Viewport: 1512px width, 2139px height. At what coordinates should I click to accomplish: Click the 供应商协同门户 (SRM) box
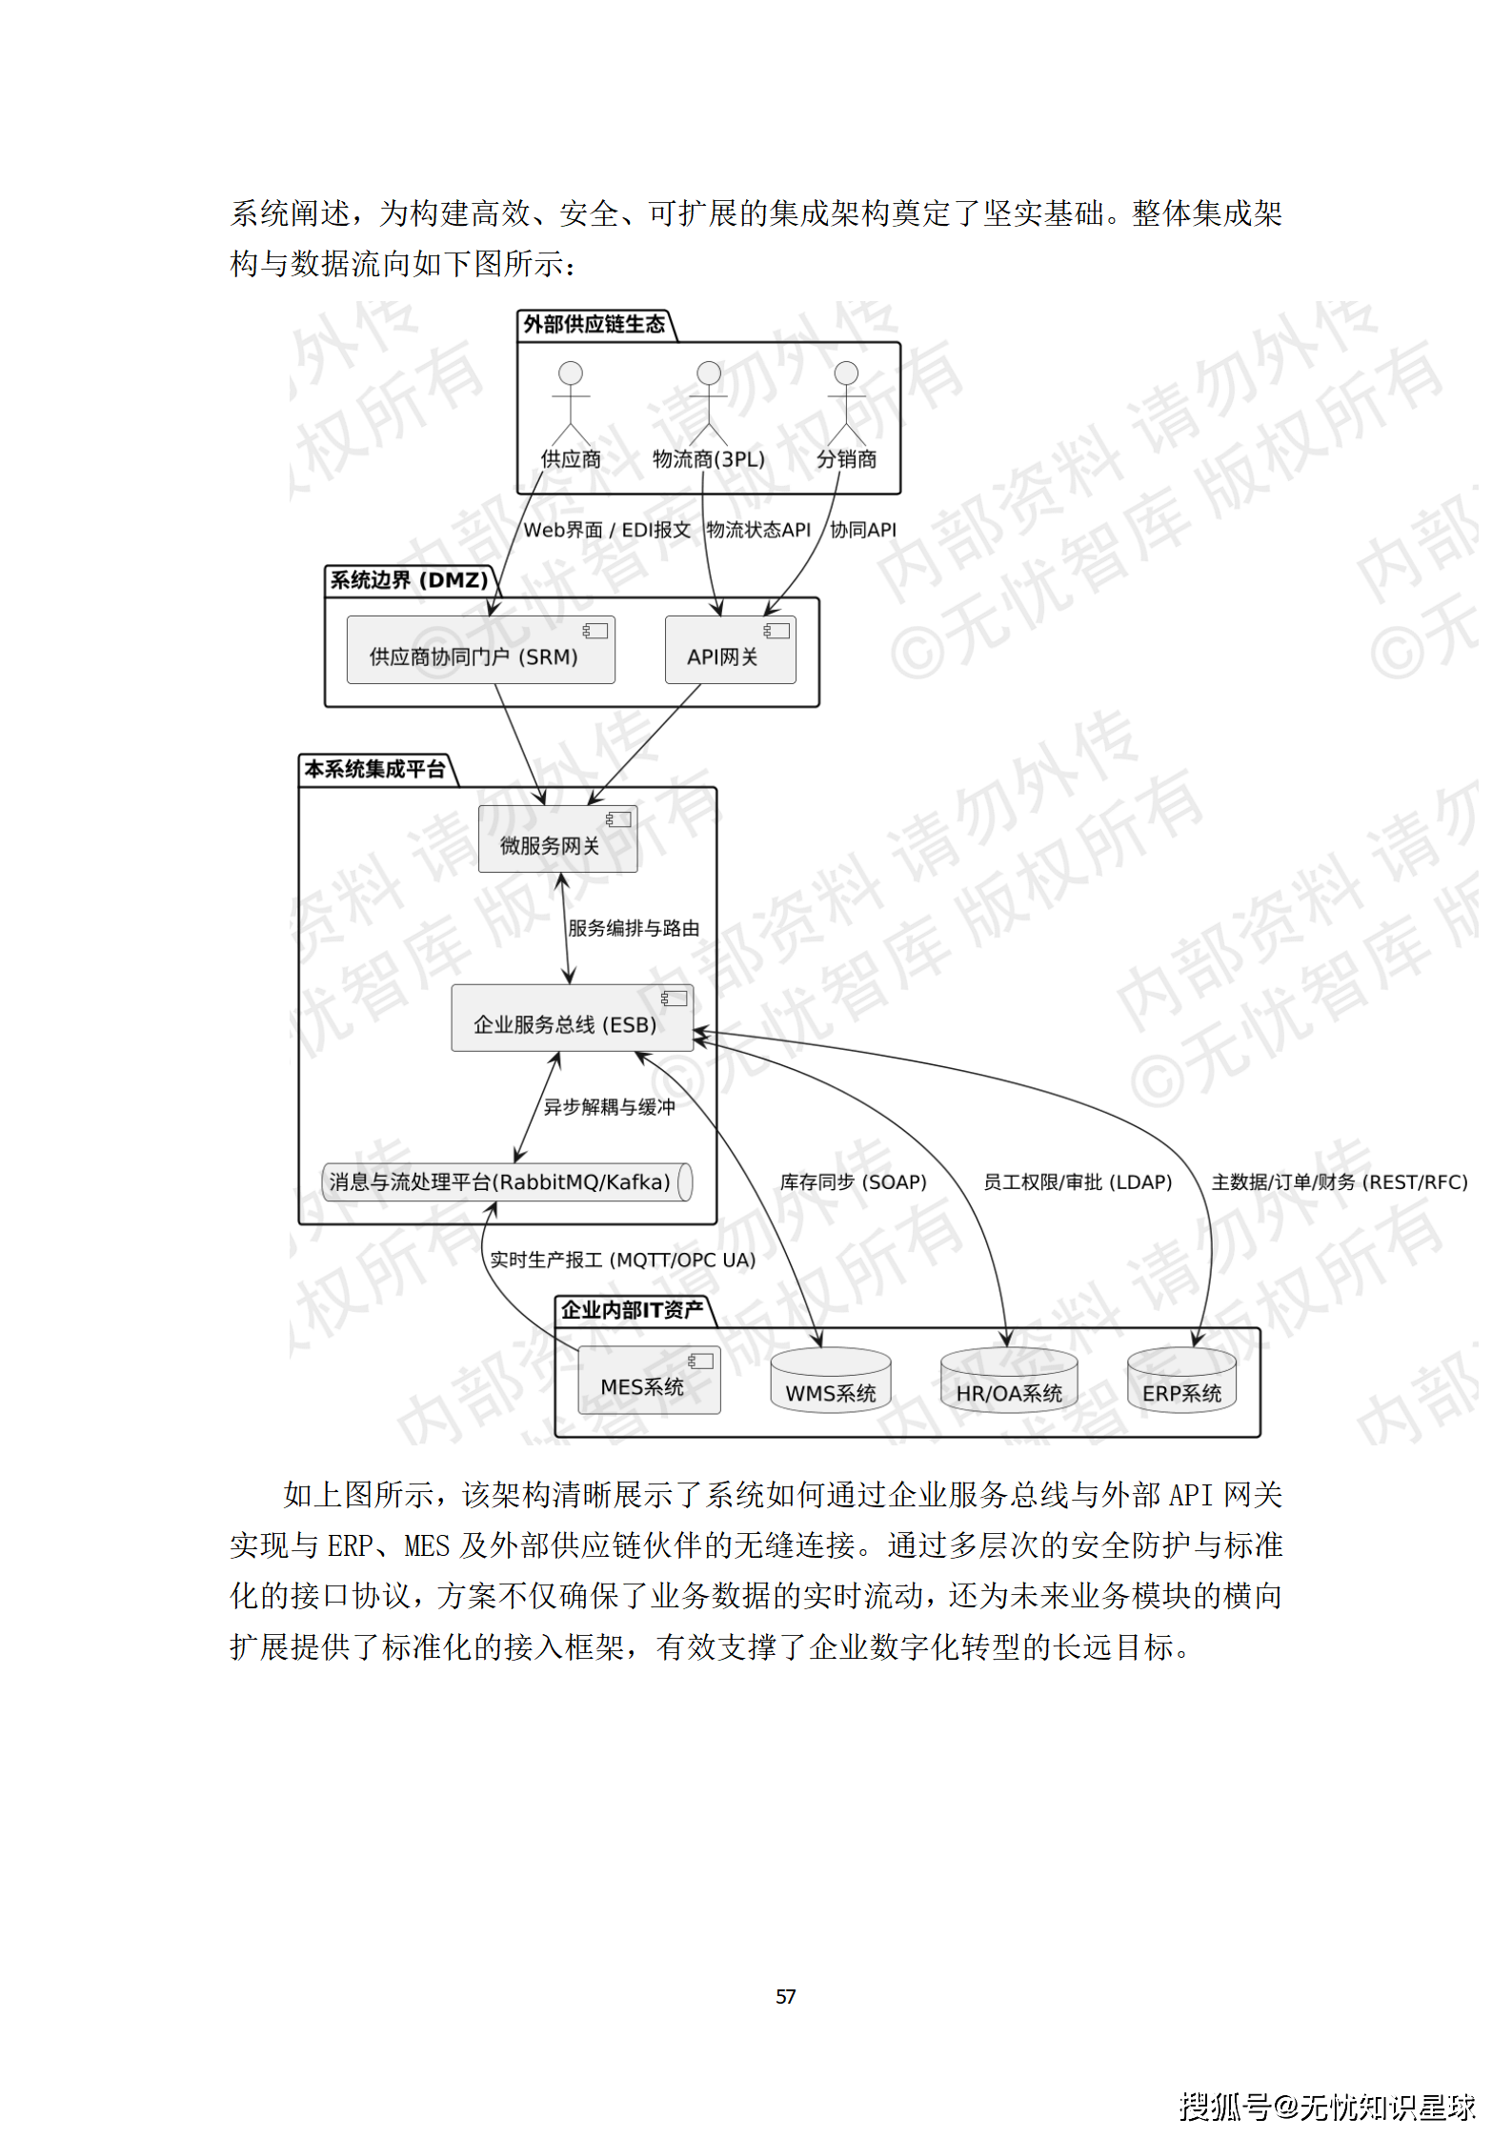tap(480, 650)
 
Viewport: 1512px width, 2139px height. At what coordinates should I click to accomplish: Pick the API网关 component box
tap(730, 650)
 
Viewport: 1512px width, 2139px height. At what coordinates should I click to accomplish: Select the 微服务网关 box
tap(557, 838)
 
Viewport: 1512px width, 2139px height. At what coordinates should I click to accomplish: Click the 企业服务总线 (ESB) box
tap(572, 1018)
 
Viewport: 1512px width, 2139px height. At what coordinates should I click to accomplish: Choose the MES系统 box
tap(649, 1380)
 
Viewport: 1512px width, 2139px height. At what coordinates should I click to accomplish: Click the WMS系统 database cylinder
tap(830, 1381)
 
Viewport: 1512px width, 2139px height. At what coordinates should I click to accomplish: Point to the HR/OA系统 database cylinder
tap(1008, 1381)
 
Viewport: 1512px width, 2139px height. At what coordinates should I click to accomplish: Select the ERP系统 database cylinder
tap(1181, 1381)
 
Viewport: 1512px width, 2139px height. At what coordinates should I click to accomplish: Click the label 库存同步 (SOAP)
tap(853, 1181)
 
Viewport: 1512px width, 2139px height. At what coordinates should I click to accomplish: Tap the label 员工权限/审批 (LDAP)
tap(1077, 1181)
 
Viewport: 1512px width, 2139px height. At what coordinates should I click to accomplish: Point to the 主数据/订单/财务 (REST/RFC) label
tap(1339, 1181)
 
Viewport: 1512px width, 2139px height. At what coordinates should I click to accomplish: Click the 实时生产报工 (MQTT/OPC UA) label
tap(622, 1260)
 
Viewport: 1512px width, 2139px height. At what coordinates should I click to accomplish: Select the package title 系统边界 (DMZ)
tap(409, 579)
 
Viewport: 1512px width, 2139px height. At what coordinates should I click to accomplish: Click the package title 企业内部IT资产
tap(632, 1309)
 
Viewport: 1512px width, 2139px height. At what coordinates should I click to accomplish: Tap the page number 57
tap(785, 1996)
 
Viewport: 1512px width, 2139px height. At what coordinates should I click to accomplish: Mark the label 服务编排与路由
tap(634, 928)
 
